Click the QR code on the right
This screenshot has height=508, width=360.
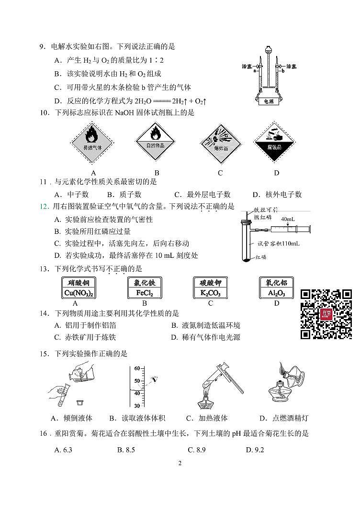point(326,314)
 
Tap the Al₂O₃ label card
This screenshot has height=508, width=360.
point(276,288)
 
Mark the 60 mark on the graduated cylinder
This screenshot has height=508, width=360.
point(136,368)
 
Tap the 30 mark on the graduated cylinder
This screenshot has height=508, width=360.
point(136,406)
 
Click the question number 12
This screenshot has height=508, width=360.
point(44,207)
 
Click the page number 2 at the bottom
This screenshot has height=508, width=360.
point(180,463)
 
